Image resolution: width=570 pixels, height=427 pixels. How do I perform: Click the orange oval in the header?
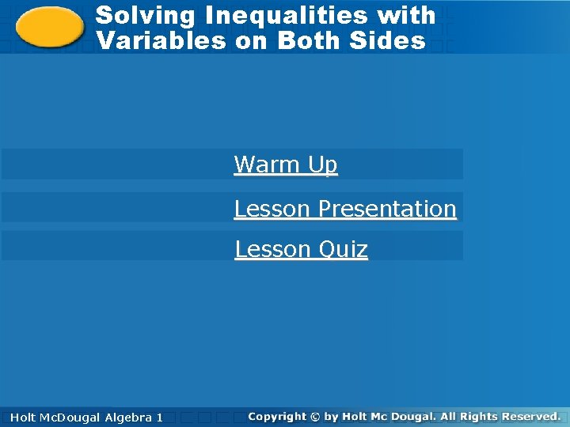[x=50, y=27]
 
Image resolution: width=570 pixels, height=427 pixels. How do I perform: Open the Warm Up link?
[x=286, y=164]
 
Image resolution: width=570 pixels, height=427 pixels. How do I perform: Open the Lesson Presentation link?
[x=345, y=209]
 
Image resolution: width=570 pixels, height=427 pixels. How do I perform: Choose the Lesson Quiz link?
[x=301, y=249]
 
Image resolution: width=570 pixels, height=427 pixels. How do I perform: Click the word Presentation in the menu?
[x=386, y=209]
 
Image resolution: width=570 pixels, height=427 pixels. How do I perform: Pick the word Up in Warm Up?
[x=324, y=164]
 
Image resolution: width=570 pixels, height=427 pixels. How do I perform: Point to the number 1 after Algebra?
[x=160, y=417]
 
